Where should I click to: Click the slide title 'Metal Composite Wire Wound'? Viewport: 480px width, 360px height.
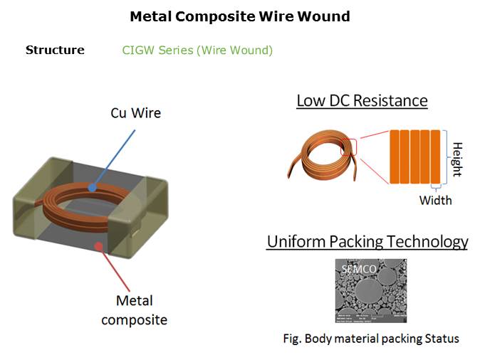239,16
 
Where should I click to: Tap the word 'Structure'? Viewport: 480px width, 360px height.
55,50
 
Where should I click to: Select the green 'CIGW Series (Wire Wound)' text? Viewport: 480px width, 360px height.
197,50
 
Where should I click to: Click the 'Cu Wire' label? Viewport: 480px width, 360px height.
135,113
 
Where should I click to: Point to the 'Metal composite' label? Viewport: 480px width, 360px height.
134,310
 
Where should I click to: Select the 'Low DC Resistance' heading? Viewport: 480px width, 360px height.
362,100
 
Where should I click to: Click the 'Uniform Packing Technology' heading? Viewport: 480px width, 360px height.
367,241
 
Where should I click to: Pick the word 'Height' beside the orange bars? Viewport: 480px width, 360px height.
457,159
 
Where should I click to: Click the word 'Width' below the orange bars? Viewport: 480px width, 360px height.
435,200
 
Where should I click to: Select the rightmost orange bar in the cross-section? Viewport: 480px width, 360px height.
437,157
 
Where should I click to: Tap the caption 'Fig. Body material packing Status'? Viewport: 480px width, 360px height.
370,339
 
